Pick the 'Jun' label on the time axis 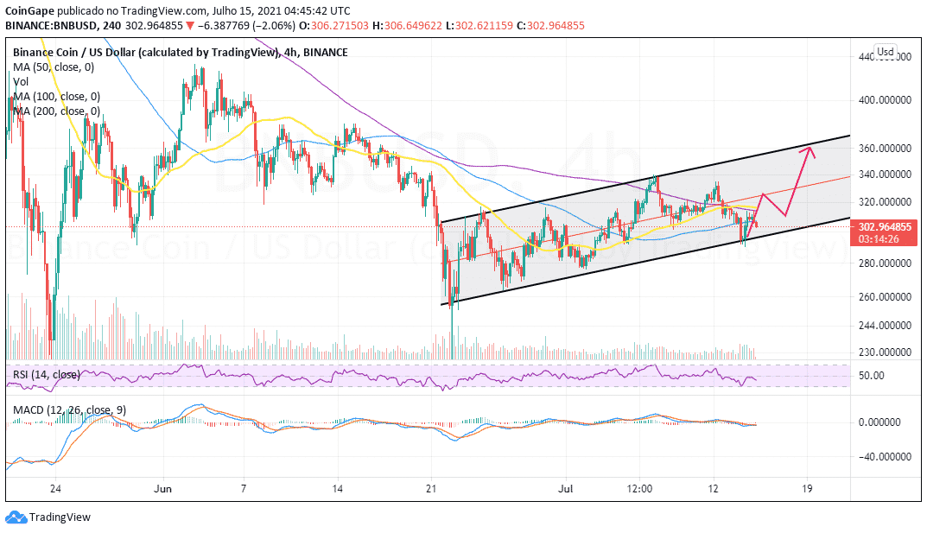click(163, 488)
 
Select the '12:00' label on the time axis click(639, 488)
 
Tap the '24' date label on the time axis click(55, 488)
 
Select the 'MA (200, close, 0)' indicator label click(55, 111)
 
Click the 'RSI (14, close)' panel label click(47, 375)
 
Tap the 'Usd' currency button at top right click(885, 51)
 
